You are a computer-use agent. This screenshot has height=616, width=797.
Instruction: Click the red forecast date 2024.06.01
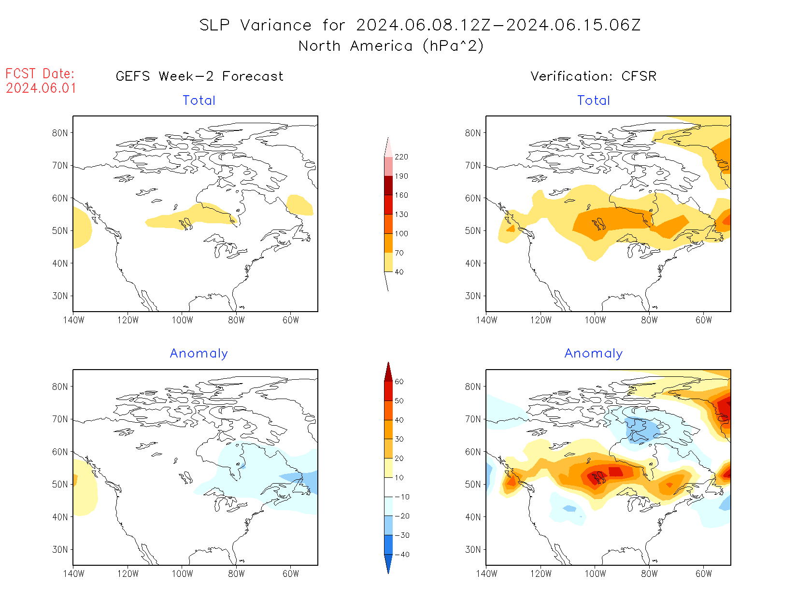point(41,88)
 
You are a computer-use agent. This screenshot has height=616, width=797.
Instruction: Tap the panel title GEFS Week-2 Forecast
point(199,76)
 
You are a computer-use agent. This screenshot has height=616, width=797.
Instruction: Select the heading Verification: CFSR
point(593,76)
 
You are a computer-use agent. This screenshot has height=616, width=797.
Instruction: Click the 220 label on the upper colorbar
point(401,157)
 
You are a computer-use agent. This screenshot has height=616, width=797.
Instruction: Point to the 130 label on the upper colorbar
point(401,215)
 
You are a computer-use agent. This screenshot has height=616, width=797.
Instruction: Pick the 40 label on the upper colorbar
point(399,272)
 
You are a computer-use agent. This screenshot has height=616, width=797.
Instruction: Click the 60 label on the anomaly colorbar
point(399,382)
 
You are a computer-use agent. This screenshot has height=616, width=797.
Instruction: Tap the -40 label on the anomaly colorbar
point(402,555)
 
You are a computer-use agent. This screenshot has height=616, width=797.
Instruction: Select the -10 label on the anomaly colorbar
point(402,497)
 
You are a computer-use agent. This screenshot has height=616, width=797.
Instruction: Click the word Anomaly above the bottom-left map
point(199,354)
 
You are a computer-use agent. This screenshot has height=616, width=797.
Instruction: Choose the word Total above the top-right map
point(594,100)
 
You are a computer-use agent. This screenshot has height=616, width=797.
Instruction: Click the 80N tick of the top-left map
point(60,133)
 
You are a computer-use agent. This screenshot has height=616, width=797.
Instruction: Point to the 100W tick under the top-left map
point(182,320)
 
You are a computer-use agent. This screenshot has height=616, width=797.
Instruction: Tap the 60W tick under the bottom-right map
point(704,574)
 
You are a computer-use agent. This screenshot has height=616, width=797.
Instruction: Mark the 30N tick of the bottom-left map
point(60,550)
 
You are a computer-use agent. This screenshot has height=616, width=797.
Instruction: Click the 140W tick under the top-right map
point(486,320)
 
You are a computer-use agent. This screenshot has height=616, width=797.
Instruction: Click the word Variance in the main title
point(276,25)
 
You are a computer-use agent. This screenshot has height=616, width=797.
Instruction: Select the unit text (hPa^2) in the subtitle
point(453,46)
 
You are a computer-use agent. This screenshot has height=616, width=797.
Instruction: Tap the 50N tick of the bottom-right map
point(473,485)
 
